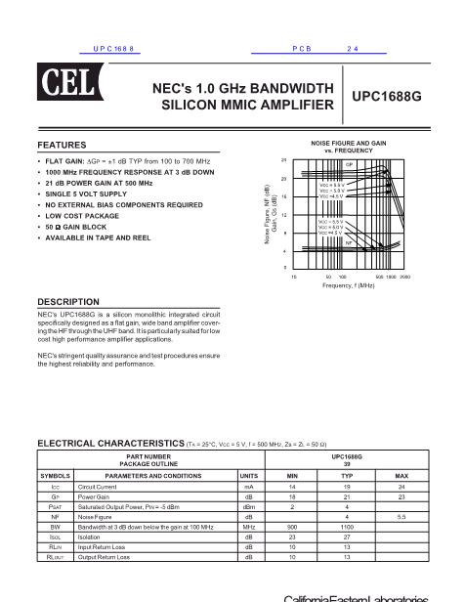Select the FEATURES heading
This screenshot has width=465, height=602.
coord(62,145)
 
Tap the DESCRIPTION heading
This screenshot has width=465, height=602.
coord(68,301)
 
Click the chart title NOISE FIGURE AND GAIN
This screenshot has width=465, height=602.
coord(349,142)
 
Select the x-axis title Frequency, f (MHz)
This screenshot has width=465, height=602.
coord(349,285)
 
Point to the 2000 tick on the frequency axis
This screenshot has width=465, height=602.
coord(404,277)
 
